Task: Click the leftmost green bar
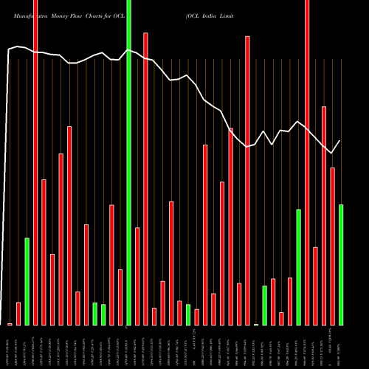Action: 27,281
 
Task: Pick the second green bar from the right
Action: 298,267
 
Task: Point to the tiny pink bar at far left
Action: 10,324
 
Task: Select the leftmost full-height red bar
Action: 35,162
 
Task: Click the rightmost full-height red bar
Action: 307,162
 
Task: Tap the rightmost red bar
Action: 332,246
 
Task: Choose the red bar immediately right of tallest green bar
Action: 137,276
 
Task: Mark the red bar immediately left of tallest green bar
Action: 120,297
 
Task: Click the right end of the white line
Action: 340,140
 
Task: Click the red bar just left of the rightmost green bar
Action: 332,246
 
